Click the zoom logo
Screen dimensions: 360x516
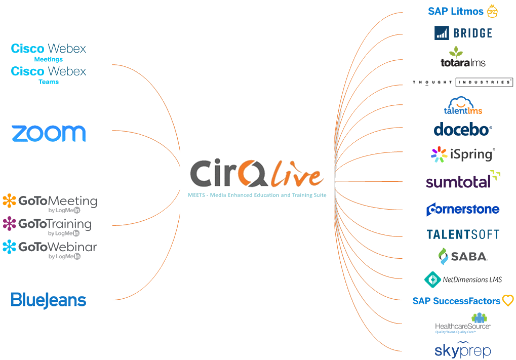click(x=49, y=134)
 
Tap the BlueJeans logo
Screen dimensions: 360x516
click(x=49, y=300)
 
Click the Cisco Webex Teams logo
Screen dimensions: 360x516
click(x=49, y=74)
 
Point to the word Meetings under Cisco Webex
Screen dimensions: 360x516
click(x=49, y=59)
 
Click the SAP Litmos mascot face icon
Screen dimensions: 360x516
click(x=492, y=11)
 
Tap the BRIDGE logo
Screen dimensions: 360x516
click(x=463, y=33)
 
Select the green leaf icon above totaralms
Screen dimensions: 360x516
click(x=457, y=51)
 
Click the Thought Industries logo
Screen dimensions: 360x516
click(x=462, y=82)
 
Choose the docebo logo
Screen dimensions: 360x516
click(x=462, y=129)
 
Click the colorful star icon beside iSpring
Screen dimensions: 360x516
click(x=439, y=154)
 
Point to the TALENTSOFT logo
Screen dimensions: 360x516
click(x=463, y=234)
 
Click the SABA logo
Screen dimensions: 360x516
click(x=462, y=257)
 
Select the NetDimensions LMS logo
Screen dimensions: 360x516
click(x=462, y=279)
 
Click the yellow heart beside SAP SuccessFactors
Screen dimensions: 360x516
click(x=507, y=301)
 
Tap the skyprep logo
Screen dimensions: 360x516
click(x=462, y=349)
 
